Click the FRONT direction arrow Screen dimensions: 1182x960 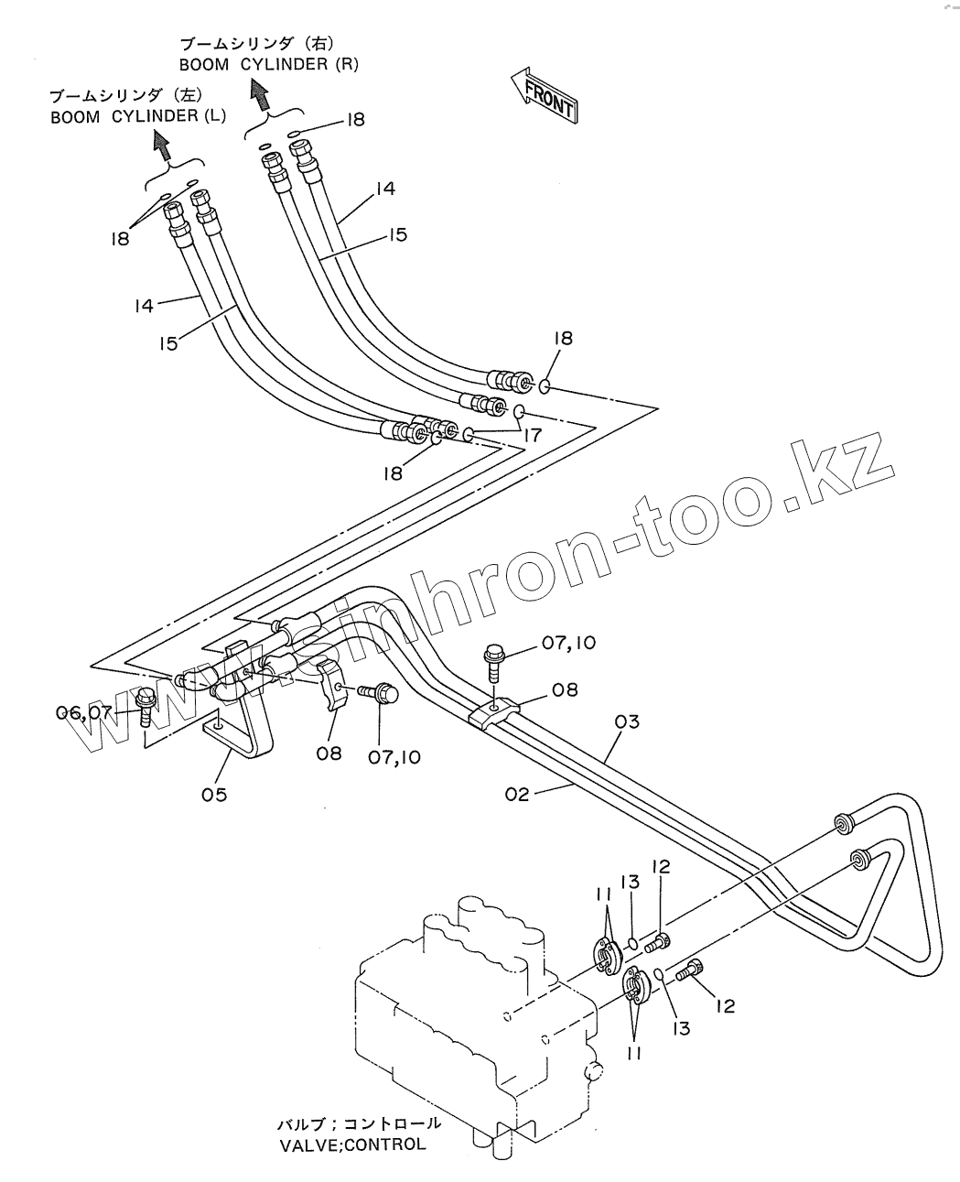tap(544, 94)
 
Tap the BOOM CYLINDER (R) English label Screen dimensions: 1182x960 tap(268, 64)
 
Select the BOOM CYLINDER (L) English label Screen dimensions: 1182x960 tap(138, 116)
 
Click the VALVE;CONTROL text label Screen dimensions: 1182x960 tap(351, 1144)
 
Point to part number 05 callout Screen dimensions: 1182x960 tap(214, 794)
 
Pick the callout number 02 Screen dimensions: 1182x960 tap(517, 794)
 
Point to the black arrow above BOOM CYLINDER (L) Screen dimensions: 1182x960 tap(162, 142)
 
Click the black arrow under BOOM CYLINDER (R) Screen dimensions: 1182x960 tap(260, 92)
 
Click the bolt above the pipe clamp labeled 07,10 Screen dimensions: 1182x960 tap(493, 662)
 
